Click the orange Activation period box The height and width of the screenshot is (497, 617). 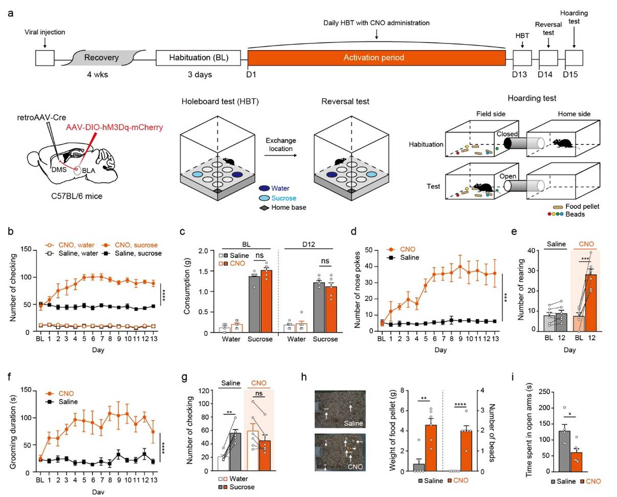(x=376, y=58)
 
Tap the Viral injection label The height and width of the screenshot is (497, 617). (x=45, y=32)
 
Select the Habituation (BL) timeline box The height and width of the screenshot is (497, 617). (x=198, y=58)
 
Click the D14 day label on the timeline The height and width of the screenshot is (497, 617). (x=546, y=75)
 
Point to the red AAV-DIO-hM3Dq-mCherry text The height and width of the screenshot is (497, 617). (x=114, y=127)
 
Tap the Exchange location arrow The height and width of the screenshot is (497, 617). (x=281, y=153)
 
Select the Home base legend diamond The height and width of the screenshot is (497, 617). (x=265, y=208)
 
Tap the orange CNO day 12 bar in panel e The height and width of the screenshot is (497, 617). (x=591, y=302)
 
